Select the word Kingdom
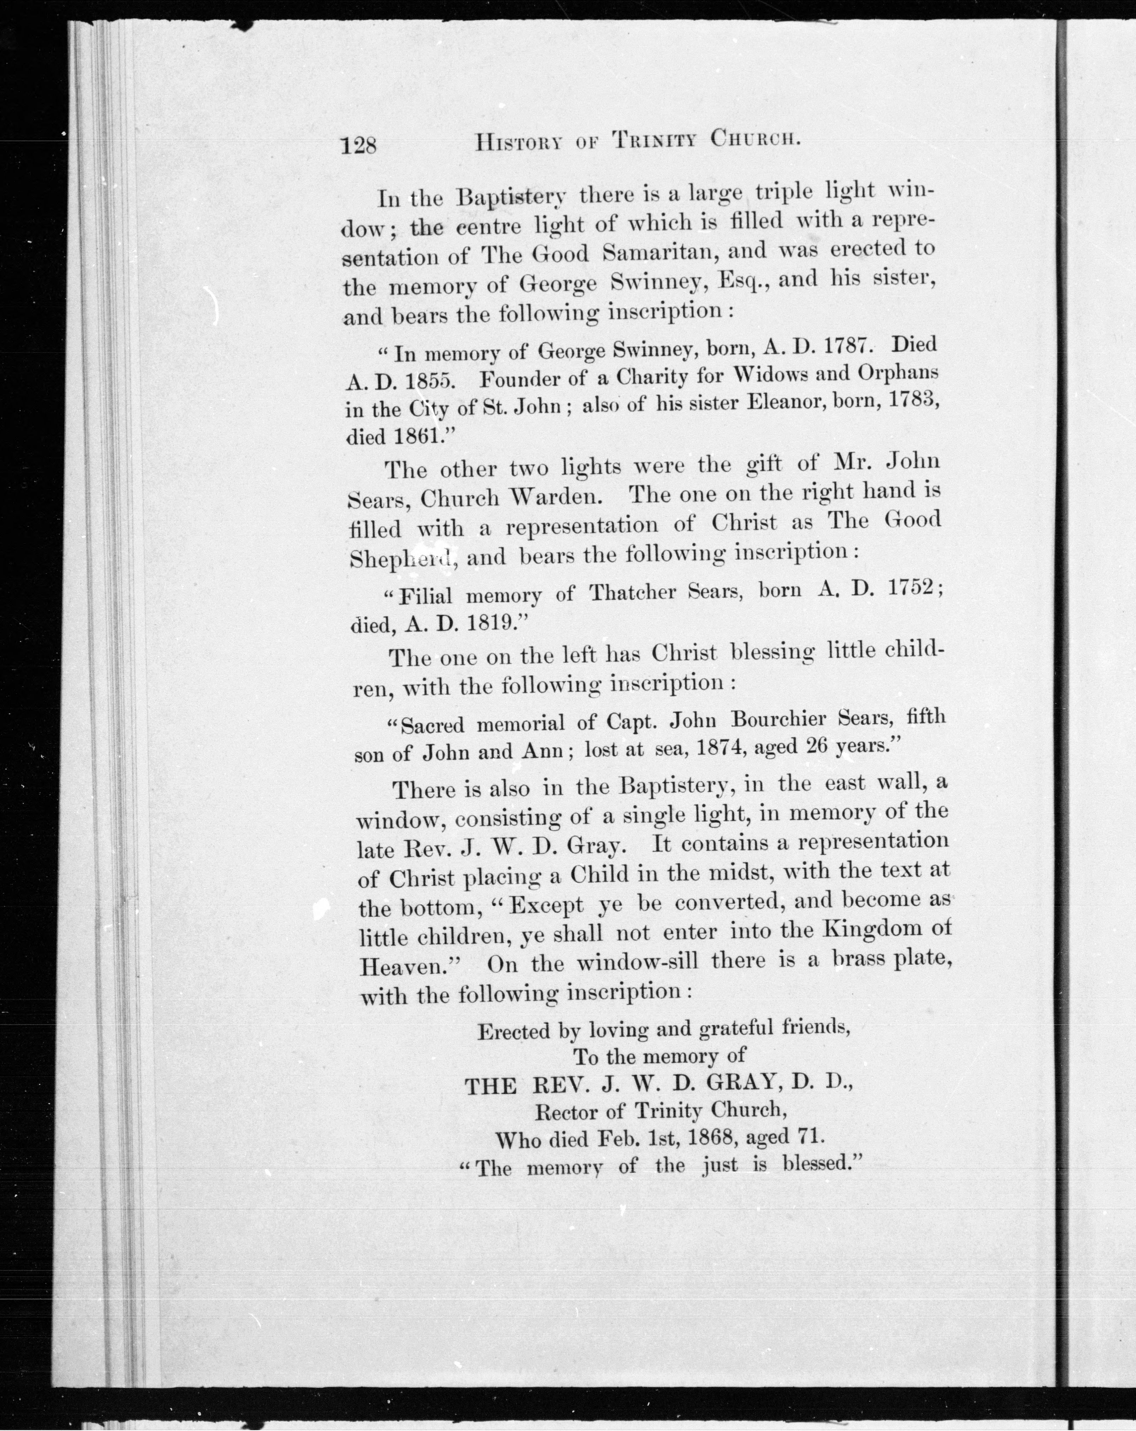[875, 929]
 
